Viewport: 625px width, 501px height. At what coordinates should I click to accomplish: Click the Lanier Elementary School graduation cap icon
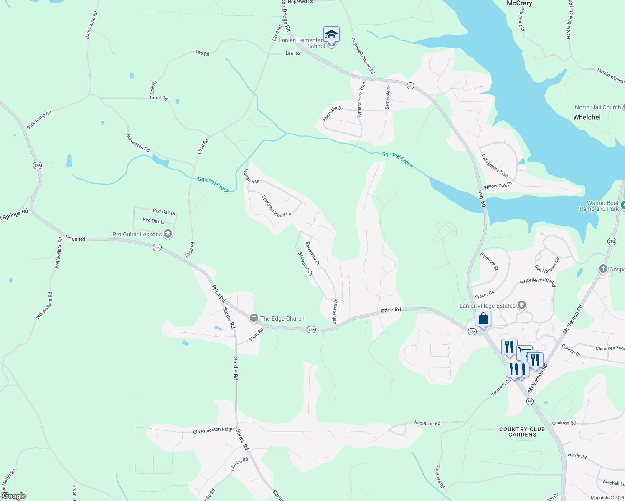point(331,34)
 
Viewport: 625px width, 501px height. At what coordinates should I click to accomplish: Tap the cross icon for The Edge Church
point(254,319)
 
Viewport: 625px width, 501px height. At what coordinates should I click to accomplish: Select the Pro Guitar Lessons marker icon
point(168,234)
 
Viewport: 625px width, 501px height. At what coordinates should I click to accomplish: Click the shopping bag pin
point(483,319)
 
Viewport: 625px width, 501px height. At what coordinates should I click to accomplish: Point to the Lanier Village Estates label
point(487,306)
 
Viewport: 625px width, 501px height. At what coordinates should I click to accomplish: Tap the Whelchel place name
point(587,117)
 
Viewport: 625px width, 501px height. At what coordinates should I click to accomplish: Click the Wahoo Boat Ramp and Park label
point(599,206)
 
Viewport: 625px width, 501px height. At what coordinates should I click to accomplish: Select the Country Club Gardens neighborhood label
point(522,432)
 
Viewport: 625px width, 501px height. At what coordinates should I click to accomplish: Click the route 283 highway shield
point(612,241)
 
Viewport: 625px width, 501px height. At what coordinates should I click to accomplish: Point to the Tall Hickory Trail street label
point(495,165)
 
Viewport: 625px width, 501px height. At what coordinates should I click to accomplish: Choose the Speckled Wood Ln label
point(276,206)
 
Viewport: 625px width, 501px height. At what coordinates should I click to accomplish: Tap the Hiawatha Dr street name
point(333,113)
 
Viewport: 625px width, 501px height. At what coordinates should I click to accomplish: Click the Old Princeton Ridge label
point(213,430)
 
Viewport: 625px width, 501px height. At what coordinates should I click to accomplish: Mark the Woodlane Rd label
point(427,423)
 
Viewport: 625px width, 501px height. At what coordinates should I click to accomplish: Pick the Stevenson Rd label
point(138,142)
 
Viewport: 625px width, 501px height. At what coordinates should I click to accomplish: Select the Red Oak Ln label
point(154,220)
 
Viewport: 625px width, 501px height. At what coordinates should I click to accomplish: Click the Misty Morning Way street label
point(538,283)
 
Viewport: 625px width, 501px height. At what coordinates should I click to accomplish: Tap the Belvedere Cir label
point(305,263)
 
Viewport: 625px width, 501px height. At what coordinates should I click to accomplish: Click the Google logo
point(14,496)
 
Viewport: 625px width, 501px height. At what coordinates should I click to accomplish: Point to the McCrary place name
point(519,3)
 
